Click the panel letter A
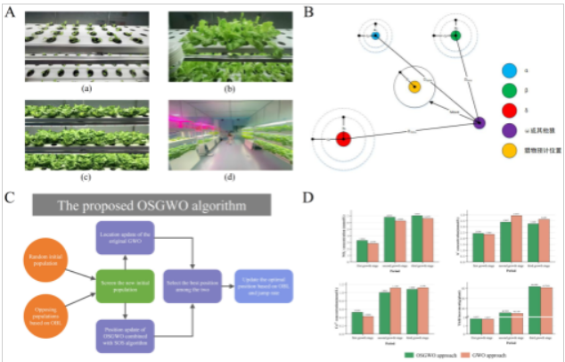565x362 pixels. (11, 12)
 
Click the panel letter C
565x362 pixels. (11, 194)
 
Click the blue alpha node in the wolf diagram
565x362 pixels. (376, 36)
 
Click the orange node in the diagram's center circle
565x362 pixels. (414, 87)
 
